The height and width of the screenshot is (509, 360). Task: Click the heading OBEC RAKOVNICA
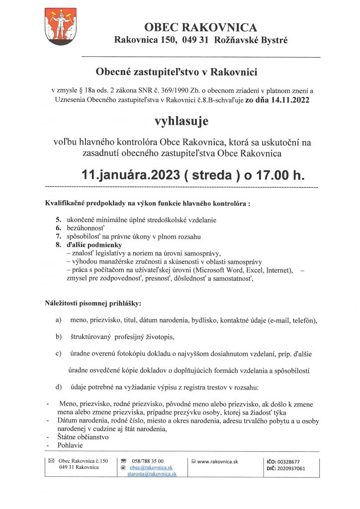(201, 27)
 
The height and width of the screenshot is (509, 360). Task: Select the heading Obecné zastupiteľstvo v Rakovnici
(177, 73)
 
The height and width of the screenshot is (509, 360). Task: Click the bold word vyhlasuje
(181, 121)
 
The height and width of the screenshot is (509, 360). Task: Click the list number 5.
(58, 219)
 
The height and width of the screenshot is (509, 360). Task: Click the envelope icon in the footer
(51, 461)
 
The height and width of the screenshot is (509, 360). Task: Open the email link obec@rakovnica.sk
(150, 468)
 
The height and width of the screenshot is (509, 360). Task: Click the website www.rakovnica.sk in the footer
(218, 461)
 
